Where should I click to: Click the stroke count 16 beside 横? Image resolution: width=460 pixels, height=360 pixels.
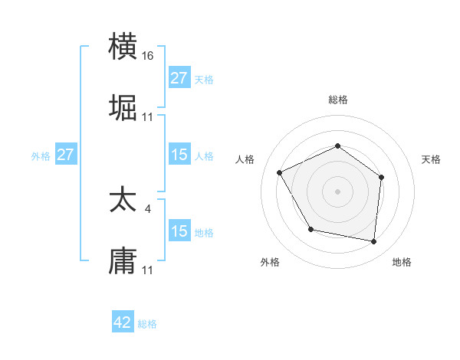(149, 56)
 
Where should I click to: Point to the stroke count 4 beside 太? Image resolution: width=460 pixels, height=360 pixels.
(148, 208)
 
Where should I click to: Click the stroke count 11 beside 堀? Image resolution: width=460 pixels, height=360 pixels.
(148, 116)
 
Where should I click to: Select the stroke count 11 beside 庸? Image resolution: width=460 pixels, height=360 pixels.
(148, 270)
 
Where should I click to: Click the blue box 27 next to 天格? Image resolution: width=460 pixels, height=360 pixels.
(179, 78)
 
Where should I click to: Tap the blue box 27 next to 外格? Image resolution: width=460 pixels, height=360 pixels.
(65, 155)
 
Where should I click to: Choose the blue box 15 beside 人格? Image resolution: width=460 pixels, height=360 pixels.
(179, 155)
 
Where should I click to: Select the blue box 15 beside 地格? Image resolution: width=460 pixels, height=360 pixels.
(179, 231)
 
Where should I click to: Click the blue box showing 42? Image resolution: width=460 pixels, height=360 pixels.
(123, 322)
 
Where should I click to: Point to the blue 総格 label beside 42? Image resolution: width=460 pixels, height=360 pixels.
(147, 324)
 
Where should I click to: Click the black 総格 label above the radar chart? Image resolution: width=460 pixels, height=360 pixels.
(338, 100)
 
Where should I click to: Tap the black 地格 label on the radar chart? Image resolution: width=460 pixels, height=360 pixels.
(402, 262)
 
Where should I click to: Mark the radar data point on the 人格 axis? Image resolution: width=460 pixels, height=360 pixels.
(280, 173)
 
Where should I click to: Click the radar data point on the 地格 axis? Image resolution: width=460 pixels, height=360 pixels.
(374, 242)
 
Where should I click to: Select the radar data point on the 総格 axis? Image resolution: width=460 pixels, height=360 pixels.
(337, 146)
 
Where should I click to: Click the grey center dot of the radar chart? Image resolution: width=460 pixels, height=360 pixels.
(337, 191)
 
